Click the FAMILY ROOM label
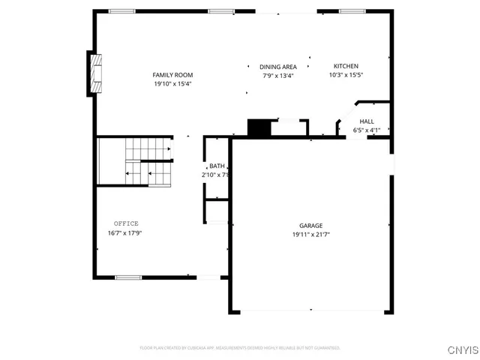173,75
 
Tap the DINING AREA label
278,67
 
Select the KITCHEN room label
346,66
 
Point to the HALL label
367,121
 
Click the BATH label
217,166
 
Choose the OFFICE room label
126,223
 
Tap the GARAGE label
311,226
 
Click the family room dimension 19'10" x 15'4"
173,84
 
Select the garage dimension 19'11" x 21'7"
311,235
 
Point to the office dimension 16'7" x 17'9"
124,232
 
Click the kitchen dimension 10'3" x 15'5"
346,75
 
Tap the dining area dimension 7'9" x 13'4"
278,76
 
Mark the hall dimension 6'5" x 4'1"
367,130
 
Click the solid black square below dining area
259,128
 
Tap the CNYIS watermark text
461,349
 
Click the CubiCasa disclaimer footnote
240,348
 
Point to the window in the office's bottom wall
128,277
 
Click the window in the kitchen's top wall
352,11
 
